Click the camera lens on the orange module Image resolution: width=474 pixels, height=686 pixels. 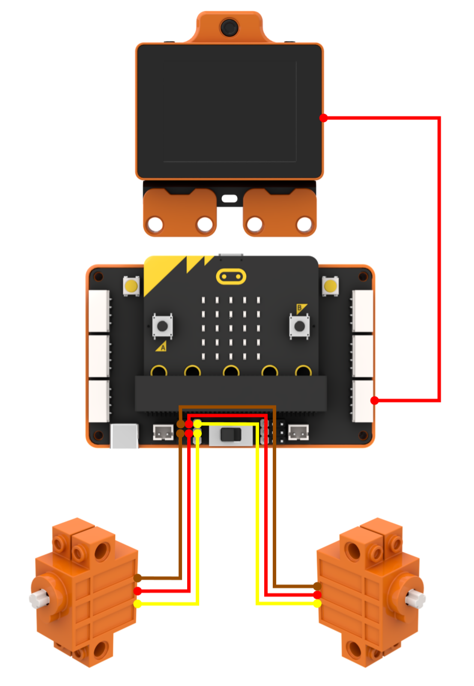tap(229, 27)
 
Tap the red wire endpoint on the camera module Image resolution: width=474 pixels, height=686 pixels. tap(323, 118)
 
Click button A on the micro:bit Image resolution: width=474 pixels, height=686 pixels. tap(162, 326)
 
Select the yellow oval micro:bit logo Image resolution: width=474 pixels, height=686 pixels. tap(231, 276)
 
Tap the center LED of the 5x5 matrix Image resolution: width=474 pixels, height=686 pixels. tap(231, 328)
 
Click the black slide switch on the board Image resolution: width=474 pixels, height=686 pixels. tap(231, 434)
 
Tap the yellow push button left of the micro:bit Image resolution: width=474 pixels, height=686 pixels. tap(131, 286)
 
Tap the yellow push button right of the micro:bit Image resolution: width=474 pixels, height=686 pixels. tap(330, 286)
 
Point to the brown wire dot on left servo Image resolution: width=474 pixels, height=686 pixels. tap(137, 578)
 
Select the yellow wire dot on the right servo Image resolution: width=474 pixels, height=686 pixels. tap(317, 603)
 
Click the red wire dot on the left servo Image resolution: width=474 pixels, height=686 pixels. tap(137, 591)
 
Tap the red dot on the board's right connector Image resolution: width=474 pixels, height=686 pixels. tap(374, 400)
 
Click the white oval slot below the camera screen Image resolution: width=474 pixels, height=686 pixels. tap(229, 198)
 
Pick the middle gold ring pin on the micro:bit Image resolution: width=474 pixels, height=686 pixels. tap(231, 371)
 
